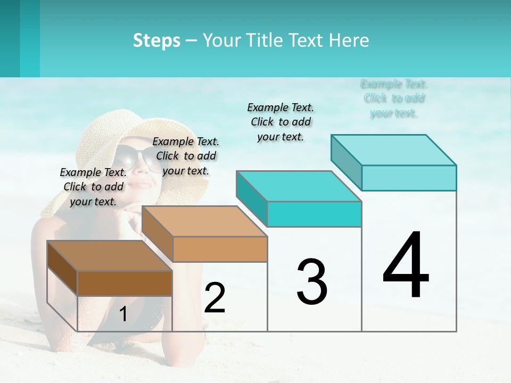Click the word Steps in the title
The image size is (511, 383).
156,40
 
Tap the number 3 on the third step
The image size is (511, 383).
312,282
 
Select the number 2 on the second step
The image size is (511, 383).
215,298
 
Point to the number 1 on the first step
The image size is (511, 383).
123,314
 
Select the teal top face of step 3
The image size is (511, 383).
298,186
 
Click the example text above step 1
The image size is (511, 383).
93,187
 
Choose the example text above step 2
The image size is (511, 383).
186,156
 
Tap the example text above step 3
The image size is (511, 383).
281,122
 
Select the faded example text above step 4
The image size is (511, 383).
394,98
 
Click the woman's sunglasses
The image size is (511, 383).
136,158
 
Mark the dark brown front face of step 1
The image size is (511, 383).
125,283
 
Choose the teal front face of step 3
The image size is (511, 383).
314,214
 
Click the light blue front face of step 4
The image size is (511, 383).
409,178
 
